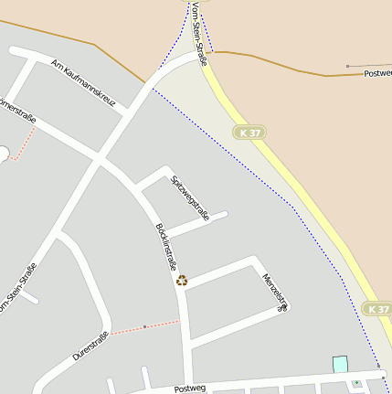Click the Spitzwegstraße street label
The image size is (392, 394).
190,197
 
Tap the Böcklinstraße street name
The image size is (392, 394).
165,247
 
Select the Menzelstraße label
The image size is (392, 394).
276,292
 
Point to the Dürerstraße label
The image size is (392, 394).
90,345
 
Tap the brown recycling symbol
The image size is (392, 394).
182,281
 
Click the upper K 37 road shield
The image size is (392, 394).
249,133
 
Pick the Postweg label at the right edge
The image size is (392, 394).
377,72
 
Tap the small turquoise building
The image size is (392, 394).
340,364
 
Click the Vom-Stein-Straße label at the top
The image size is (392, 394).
199,33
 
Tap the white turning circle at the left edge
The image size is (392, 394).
4,153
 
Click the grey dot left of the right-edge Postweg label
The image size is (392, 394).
347,66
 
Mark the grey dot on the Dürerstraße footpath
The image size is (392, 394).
144,325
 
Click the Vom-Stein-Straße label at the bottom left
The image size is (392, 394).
18,289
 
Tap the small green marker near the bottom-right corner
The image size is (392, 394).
356,383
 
